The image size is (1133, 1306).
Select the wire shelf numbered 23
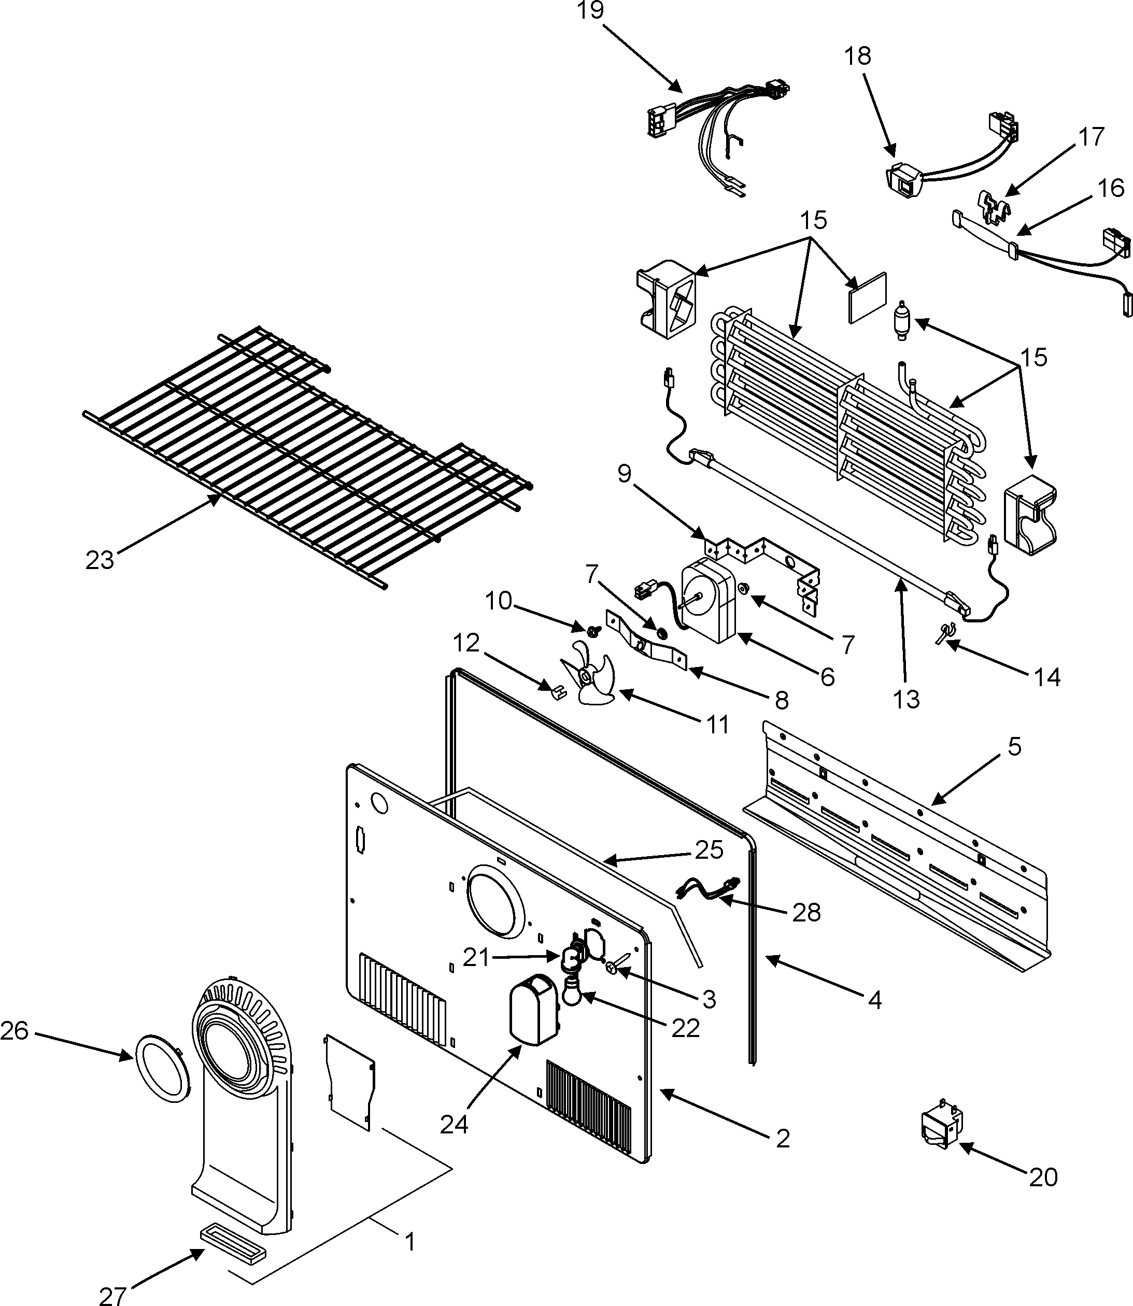click(304, 455)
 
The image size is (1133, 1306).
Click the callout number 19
click(590, 11)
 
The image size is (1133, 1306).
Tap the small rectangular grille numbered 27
click(233, 1252)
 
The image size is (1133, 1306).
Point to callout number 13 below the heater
click(906, 700)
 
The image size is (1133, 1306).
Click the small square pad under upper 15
click(868, 298)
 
